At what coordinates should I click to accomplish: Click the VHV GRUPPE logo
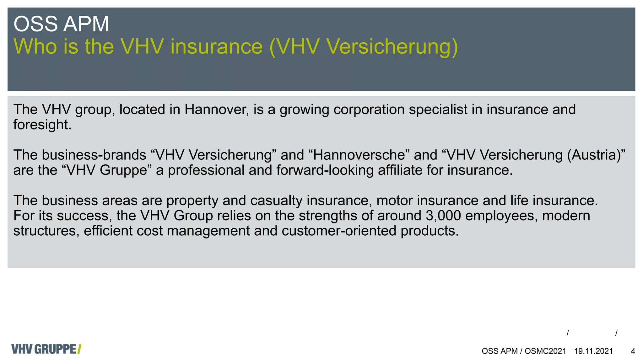pyautogui.click(x=46, y=349)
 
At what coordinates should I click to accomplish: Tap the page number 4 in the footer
pyautogui.click(x=633, y=351)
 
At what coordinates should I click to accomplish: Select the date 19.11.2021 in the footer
pyautogui.click(x=593, y=351)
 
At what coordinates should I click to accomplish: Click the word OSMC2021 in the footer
pyautogui.click(x=545, y=351)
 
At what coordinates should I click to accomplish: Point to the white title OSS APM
pyautogui.click(x=61, y=24)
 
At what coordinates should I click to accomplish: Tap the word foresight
pyautogui.click(x=42, y=125)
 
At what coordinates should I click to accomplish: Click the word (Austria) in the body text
pyautogui.click(x=596, y=155)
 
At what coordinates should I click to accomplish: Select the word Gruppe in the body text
pyautogui.click(x=124, y=170)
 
